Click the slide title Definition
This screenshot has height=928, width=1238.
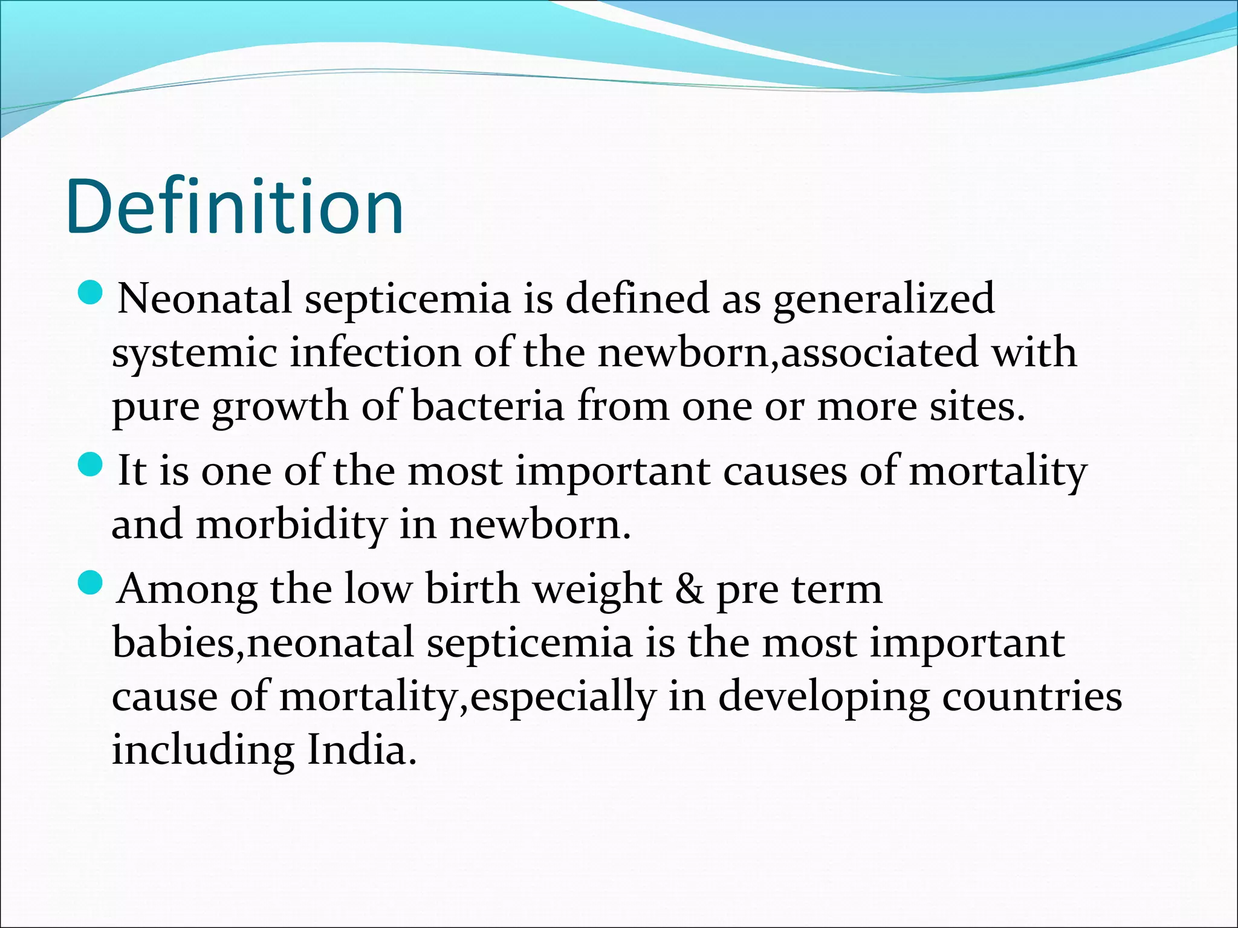[x=235, y=207]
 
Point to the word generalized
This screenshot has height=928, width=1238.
[x=884, y=300]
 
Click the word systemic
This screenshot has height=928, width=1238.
[x=195, y=353]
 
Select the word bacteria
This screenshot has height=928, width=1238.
[x=487, y=406]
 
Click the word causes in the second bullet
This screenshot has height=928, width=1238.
[x=785, y=471]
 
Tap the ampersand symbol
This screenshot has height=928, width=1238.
[x=690, y=589]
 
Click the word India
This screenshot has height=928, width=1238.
[x=361, y=750]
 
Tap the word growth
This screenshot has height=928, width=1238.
[x=280, y=407]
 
